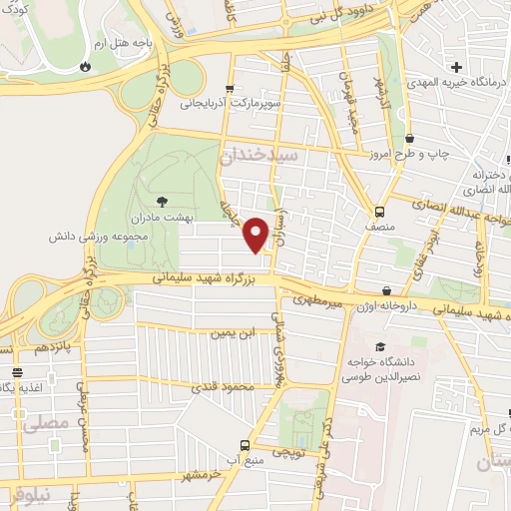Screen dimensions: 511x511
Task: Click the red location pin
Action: pyautogui.click(x=256, y=234)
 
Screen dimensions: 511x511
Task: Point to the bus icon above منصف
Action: pyautogui.click(x=380, y=212)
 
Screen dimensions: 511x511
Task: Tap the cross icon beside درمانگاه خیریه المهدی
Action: pyautogui.click(x=456, y=68)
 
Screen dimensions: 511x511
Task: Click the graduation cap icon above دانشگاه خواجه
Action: pyautogui.click(x=380, y=346)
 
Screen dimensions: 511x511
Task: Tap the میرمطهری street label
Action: pyautogui.click(x=317, y=299)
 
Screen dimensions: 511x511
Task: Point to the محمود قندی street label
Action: pyautogui.click(x=222, y=386)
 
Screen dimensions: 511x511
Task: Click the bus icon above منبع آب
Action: pyautogui.click(x=245, y=446)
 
